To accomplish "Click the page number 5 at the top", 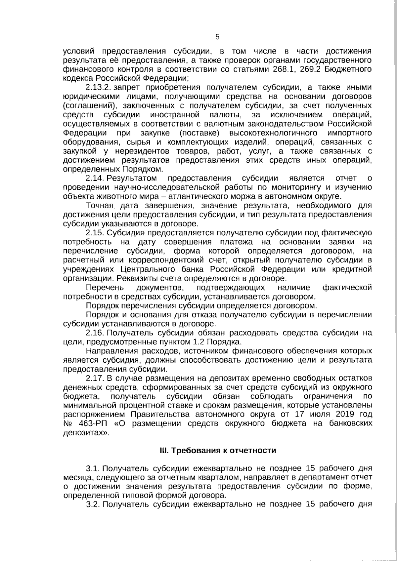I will [217, 37].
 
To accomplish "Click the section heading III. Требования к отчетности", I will [217, 450].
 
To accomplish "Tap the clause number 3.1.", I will [93, 468].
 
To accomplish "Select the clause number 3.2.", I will [93, 504].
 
